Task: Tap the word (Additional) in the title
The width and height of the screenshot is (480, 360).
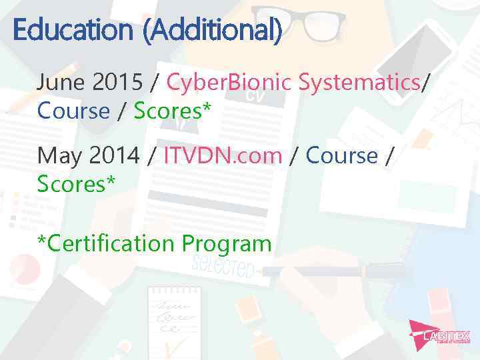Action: click(x=211, y=30)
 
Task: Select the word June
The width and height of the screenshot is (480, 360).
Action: click(x=61, y=83)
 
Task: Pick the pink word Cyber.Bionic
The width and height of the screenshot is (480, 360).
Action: click(x=229, y=83)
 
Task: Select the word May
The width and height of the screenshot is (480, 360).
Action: click(x=59, y=155)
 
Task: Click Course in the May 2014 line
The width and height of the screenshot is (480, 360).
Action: click(x=341, y=155)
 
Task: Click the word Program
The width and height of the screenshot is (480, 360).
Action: click(x=226, y=243)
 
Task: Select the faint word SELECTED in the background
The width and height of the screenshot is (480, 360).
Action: click(x=223, y=267)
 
